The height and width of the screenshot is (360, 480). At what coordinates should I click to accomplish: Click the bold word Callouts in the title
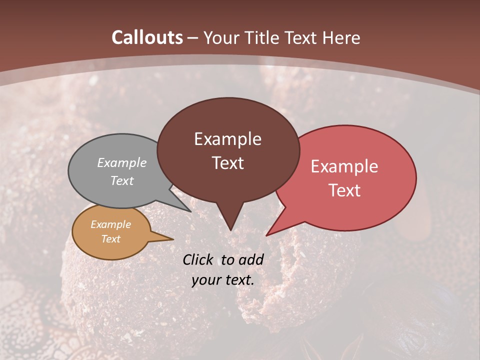click(x=147, y=38)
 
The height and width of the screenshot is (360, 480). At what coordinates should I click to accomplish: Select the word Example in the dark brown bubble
click(x=227, y=139)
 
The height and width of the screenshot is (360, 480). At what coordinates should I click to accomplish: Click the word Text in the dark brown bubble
click(x=227, y=163)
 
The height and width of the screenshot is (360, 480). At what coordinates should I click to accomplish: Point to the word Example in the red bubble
click(x=344, y=166)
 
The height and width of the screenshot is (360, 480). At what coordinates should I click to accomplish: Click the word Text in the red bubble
click(x=345, y=190)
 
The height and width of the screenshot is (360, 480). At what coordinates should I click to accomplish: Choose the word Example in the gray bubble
click(x=121, y=163)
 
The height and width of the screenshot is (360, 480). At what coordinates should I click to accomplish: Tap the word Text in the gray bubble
click(x=121, y=181)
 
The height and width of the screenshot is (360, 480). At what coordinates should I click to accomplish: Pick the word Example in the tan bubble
click(x=110, y=225)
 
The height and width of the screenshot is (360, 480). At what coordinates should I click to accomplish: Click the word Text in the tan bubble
click(x=110, y=239)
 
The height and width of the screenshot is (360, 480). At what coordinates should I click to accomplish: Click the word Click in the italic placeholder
click(x=199, y=259)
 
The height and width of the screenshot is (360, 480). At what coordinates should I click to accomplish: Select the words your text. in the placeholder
click(x=223, y=280)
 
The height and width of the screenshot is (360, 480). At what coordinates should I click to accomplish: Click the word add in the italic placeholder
click(x=250, y=259)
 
